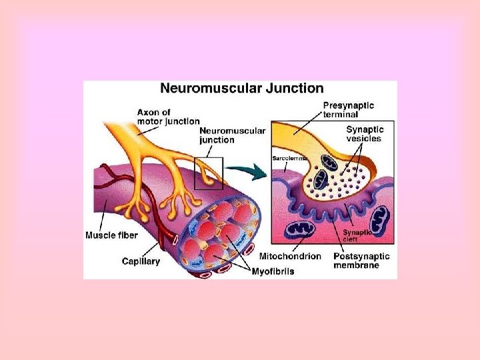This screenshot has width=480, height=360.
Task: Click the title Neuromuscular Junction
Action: pos(241,88)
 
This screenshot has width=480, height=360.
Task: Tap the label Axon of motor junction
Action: pos(168,116)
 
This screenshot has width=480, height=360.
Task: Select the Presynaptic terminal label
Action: pos(348,110)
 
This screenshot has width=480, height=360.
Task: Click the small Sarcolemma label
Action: pos(289,158)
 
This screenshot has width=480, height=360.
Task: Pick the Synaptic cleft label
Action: pos(355,237)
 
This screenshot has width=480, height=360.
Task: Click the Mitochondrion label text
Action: pos(289,256)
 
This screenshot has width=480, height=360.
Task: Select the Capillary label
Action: pos(141,261)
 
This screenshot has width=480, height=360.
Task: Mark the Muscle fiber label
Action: pos(112,235)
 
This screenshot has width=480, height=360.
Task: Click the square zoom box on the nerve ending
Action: pos(208,173)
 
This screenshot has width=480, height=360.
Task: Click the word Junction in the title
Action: pos(293,88)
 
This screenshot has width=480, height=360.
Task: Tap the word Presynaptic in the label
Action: pos(348,105)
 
